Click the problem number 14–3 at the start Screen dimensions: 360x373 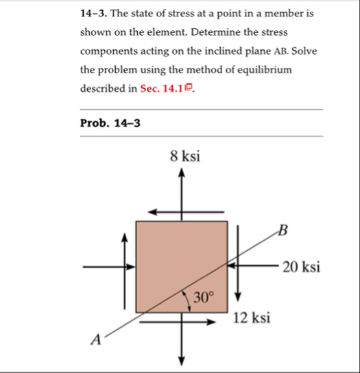95,14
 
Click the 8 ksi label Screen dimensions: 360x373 184,156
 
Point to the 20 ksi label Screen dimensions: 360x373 301,267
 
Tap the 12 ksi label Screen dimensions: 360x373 252,319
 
